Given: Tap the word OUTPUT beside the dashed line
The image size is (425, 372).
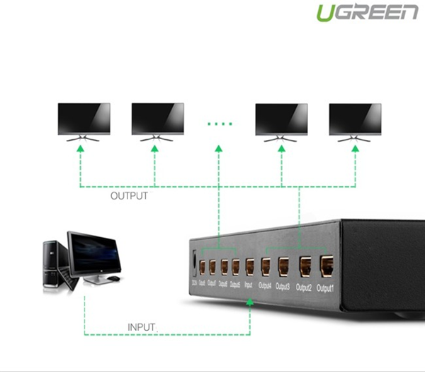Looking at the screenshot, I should tap(129, 196).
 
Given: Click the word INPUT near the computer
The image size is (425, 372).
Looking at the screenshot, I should tap(142, 327).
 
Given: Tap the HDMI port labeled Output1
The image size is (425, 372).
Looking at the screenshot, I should tap(327, 266).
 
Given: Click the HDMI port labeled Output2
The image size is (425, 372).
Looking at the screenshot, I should tap(305, 266).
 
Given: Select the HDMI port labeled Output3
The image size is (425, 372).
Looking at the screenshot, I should tap(283, 267).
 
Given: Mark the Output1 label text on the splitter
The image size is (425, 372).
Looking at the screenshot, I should tap(325, 288).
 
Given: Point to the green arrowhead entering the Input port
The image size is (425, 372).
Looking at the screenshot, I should tap(249, 304).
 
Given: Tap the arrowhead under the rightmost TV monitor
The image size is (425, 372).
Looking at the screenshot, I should tap(355, 146).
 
